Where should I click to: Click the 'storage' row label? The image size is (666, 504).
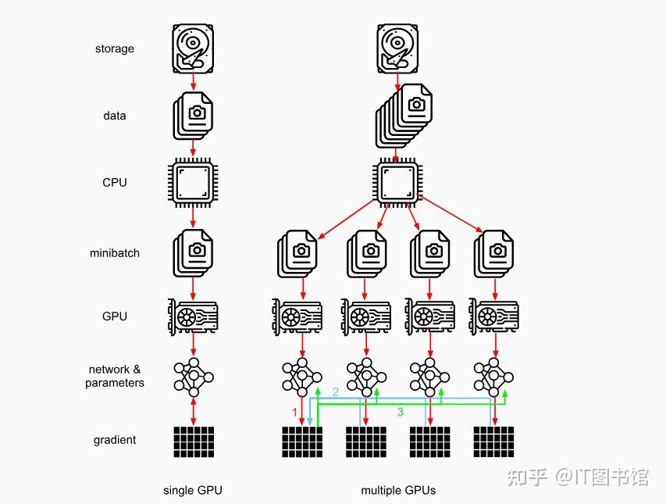click(x=115, y=48)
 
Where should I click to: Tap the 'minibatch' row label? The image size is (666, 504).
click(x=115, y=253)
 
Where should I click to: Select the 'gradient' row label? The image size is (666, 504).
click(x=115, y=440)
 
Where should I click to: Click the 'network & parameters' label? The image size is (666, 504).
click(x=115, y=376)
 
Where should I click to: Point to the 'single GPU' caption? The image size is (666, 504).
click(x=193, y=491)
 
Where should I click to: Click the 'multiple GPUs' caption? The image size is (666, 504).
click(x=398, y=491)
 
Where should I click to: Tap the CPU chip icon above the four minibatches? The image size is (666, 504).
click(x=398, y=183)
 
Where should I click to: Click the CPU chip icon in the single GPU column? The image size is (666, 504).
click(x=194, y=183)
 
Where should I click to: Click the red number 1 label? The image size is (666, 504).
click(x=295, y=411)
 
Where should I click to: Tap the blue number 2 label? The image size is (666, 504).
click(x=336, y=391)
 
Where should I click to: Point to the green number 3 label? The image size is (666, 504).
click(x=401, y=412)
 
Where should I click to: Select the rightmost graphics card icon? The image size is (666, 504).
click(x=493, y=316)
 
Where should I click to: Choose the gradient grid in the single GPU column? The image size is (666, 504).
click(x=194, y=441)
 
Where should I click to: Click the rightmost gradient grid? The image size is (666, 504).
click(x=493, y=441)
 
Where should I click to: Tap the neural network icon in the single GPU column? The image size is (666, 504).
click(x=194, y=377)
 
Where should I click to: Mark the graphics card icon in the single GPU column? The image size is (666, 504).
click(x=194, y=316)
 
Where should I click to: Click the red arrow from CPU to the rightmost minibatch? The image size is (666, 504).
click(x=451, y=216)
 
